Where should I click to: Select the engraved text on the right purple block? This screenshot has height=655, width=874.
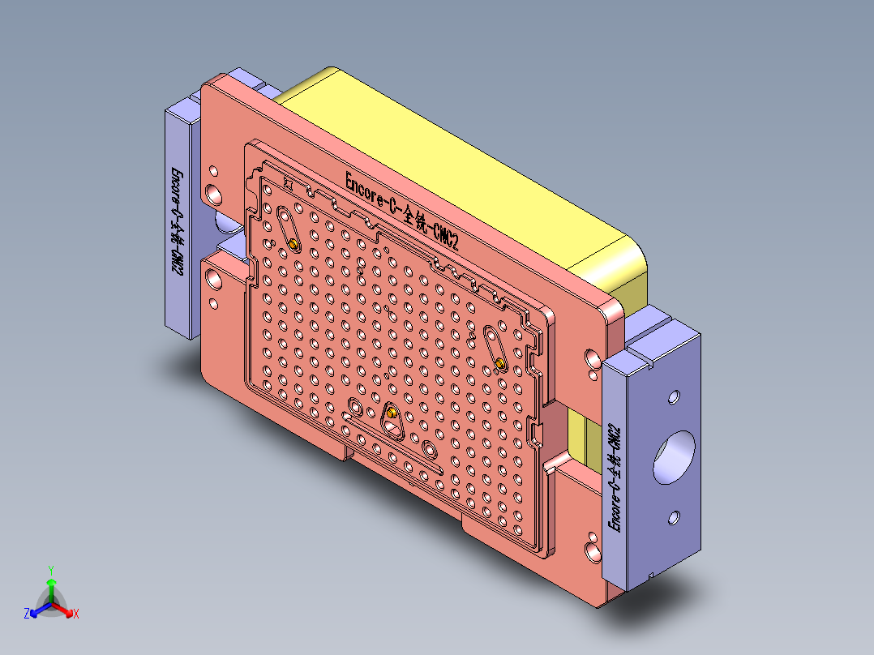pyautogui.click(x=615, y=478)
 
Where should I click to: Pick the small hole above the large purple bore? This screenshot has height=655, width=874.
pyautogui.click(x=673, y=399)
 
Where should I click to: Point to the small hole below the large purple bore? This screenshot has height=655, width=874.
pyautogui.click(x=674, y=516)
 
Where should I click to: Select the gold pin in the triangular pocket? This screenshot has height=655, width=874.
pyautogui.click(x=392, y=413)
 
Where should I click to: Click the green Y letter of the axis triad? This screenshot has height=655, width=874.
pyautogui.click(x=50, y=569)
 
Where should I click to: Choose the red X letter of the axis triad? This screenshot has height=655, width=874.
pyautogui.click(x=75, y=614)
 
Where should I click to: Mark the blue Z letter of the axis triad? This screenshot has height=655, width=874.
pyautogui.click(x=27, y=614)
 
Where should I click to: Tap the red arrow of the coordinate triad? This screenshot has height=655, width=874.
pyautogui.click(x=66, y=610)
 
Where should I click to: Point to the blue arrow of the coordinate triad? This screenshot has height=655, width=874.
pyautogui.click(x=37, y=610)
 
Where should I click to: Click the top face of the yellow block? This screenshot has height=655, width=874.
pyautogui.click(x=454, y=154)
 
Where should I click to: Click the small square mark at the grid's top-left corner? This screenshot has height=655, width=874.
pyautogui.click(x=287, y=184)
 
